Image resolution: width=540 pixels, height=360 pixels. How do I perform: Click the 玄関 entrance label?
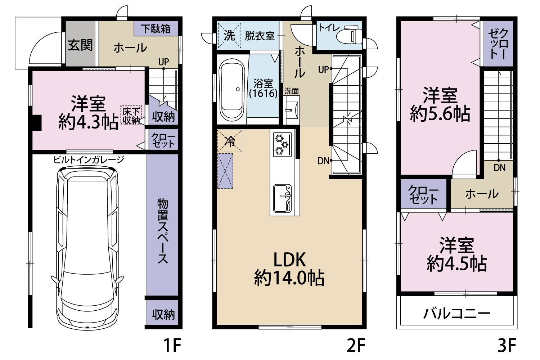click(x=80, y=45)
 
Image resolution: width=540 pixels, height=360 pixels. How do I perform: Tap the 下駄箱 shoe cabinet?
click(x=156, y=28)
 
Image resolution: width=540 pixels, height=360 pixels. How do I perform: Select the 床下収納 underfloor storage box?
click(x=131, y=115)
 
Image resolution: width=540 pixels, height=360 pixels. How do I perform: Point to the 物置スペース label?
click(x=163, y=231)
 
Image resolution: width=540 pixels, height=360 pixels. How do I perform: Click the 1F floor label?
click(x=172, y=345)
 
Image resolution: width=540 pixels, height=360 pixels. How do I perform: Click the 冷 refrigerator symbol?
click(x=230, y=141)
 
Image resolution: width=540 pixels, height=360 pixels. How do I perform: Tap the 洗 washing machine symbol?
click(x=229, y=36)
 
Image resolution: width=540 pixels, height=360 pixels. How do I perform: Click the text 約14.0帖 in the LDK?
click(x=289, y=279)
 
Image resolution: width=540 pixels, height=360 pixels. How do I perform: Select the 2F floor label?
click(x=356, y=345)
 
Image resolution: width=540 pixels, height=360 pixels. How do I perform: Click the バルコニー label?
click(x=457, y=314)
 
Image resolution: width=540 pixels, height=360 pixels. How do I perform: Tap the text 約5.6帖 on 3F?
click(x=440, y=113)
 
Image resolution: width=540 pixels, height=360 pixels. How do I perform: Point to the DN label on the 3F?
click(x=500, y=168)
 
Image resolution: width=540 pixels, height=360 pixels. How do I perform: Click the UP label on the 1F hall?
click(x=164, y=62)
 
